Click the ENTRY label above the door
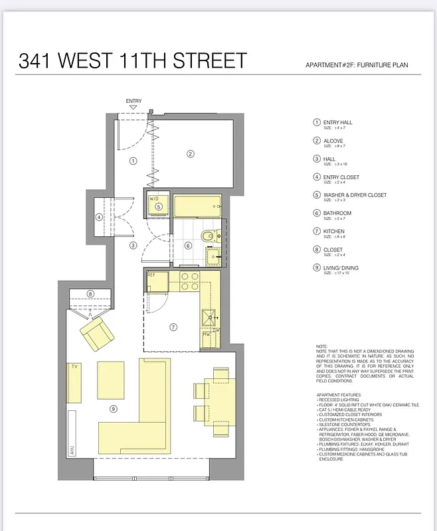(133, 101)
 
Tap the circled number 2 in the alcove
(190, 154)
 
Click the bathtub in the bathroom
(197, 205)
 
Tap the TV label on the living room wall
(74, 366)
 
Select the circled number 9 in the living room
(114, 409)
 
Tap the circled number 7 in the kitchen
(173, 327)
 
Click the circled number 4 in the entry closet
(99, 216)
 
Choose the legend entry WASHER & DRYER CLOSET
(354, 195)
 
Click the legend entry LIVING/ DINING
(341, 268)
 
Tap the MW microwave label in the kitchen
(206, 335)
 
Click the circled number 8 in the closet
(90, 294)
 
